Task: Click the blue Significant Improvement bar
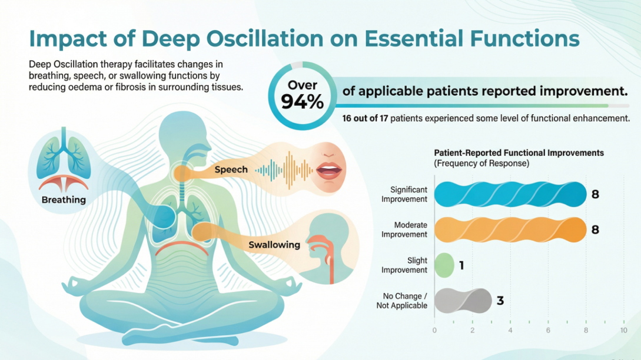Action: pos(510,194)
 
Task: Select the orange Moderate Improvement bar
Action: pos(510,229)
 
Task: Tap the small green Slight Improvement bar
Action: pos(444,265)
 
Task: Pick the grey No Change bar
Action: pos(463,301)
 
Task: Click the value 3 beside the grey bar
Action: pos(500,301)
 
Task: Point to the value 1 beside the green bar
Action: pos(462,266)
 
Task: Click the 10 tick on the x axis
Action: pos(623,331)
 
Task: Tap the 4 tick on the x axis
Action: pos(510,331)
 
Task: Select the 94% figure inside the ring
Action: pos(303,102)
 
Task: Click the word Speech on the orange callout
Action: pos(231,169)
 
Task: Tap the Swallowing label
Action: pos(274,244)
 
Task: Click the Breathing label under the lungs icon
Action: pos(64,200)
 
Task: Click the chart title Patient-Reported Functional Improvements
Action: pos(519,153)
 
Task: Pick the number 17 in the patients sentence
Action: pos(394,118)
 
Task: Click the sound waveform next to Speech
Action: pos(283,170)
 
